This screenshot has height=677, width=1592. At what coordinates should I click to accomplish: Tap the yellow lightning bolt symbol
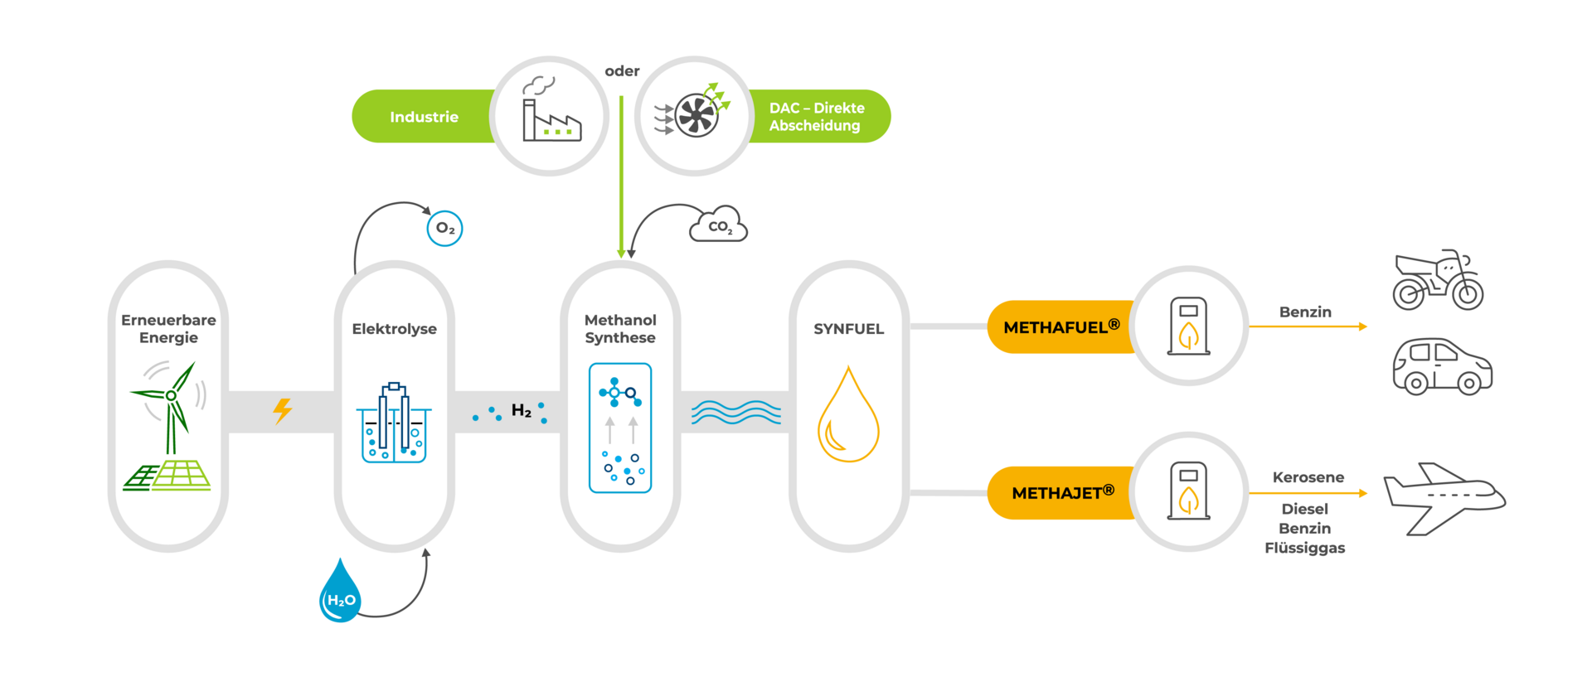283,410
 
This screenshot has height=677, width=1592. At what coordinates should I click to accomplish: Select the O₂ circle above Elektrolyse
444,229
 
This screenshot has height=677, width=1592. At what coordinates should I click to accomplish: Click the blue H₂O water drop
340,592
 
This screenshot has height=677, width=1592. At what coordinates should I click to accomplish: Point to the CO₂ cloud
719,225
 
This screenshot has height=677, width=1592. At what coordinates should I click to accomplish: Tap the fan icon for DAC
695,114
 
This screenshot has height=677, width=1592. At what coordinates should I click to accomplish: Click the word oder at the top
622,71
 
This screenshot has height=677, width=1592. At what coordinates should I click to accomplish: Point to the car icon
1442,365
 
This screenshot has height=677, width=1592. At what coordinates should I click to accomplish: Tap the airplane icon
1444,497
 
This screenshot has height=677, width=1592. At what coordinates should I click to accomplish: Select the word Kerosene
1308,477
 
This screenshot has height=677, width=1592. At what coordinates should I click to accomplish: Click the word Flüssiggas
1304,548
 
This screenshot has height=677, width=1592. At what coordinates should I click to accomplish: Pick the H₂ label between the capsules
521,410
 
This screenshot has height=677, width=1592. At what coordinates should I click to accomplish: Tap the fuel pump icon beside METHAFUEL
1188,326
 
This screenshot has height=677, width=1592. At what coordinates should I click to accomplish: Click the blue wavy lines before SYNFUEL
735,412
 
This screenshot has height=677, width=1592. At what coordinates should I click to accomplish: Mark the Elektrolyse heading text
394,329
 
